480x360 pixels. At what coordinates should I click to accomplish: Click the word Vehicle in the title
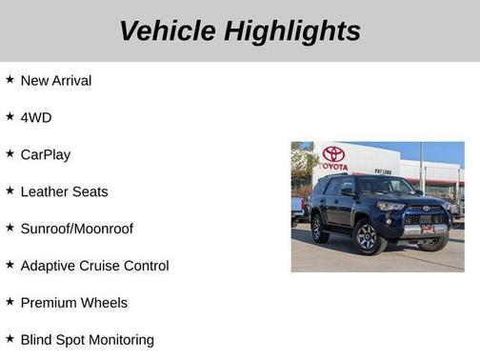click(168, 30)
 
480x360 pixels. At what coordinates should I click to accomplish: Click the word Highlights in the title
click(293, 30)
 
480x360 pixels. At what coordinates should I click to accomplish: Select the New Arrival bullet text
click(56, 81)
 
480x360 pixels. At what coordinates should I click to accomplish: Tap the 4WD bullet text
click(36, 117)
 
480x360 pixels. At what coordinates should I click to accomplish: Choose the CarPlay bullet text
click(46, 154)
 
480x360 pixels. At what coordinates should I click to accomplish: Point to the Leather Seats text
click(64, 191)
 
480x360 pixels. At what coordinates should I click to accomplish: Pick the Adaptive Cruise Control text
click(94, 266)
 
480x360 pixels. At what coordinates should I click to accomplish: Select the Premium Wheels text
click(73, 303)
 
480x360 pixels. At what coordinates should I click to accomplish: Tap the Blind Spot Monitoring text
click(87, 339)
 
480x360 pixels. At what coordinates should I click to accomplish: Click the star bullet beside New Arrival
click(10, 80)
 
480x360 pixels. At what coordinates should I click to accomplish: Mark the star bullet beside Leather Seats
click(10, 190)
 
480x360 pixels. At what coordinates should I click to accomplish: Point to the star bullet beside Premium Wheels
click(10, 302)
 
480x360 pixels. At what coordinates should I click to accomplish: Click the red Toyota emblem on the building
click(333, 153)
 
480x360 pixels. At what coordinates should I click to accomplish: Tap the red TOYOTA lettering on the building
click(333, 167)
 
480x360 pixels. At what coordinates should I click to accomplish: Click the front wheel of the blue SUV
click(367, 238)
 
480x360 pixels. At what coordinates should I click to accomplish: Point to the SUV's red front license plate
click(428, 228)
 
